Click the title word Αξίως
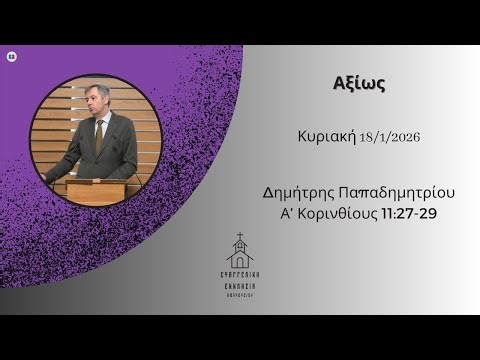click(358, 84)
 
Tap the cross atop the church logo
click(239, 237)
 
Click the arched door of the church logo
click(239, 262)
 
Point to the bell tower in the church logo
click(239, 247)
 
